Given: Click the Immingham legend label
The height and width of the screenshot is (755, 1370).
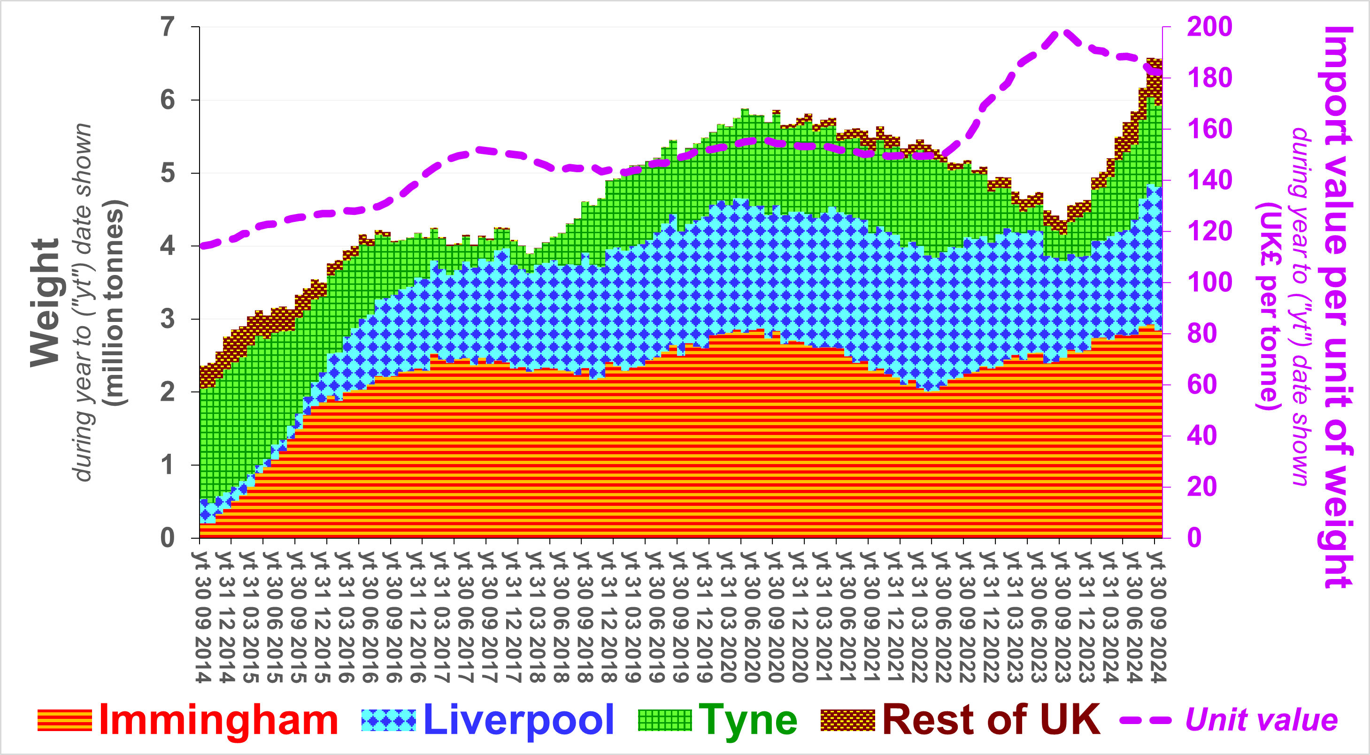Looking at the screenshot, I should tap(218, 720).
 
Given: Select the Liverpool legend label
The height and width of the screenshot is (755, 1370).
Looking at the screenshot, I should tap(518, 720).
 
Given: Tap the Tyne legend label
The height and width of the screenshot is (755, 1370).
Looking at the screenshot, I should tap(748, 720).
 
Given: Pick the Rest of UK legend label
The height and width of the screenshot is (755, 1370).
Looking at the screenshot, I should tap(991, 720).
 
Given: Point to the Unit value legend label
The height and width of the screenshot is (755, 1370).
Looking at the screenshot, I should tap(1261, 720).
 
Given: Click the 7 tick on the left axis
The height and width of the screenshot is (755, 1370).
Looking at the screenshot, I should tap(168, 27).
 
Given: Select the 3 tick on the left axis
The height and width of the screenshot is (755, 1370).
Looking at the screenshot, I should tap(168, 319).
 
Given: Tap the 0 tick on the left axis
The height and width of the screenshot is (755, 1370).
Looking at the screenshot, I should tap(168, 538).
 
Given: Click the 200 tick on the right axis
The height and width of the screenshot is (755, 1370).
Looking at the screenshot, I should tap(1209, 27).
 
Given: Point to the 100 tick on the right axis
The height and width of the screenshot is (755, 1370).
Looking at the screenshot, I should tap(1209, 282).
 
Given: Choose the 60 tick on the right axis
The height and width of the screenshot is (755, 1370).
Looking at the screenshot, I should tap(1202, 385).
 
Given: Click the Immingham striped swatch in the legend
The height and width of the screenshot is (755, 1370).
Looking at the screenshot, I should tap(64, 720).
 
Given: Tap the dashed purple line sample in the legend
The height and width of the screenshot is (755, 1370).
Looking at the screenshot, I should tap(1146, 720).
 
